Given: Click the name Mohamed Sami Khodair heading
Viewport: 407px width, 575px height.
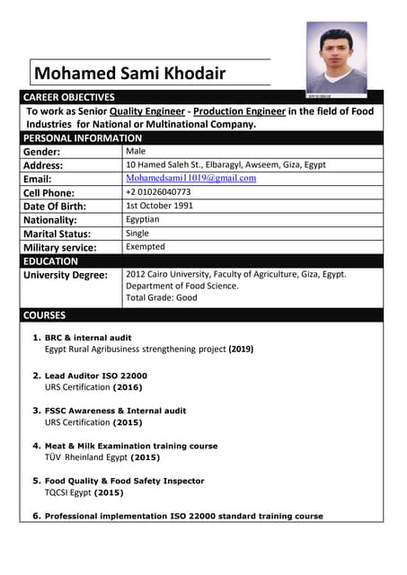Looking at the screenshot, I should pyautogui.click(x=129, y=74).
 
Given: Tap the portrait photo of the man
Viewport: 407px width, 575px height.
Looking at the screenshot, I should pyautogui.click(x=336, y=58).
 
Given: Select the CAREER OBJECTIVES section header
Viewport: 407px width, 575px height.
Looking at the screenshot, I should pyautogui.click(x=69, y=97).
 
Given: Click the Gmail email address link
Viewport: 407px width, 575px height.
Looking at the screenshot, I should pyautogui.click(x=190, y=178).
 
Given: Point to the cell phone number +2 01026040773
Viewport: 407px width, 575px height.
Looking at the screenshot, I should pyautogui.click(x=158, y=192).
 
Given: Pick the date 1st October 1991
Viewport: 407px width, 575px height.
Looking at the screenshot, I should pyautogui.click(x=159, y=206).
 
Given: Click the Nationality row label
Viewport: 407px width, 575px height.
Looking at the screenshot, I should pyautogui.click(x=50, y=219).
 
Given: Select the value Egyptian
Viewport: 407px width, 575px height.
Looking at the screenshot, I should pyautogui.click(x=143, y=219).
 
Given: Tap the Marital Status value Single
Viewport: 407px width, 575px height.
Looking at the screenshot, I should pyautogui.click(x=137, y=233).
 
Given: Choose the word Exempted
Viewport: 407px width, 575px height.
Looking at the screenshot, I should pyautogui.click(x=146, y=246).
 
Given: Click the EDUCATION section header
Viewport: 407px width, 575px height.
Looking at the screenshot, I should pyautogui.click(x=51, y=261).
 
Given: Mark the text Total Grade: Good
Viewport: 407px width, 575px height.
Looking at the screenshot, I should pyautogui.click(x=162, y=297).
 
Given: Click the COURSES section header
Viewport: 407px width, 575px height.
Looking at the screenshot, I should pyautogui.click(x=45, y=315).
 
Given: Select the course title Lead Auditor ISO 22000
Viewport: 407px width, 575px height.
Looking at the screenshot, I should pyautogui.click(x=96, y=376).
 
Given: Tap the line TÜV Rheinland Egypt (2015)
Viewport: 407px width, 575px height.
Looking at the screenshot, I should pyautogui.click(x=102, y=456).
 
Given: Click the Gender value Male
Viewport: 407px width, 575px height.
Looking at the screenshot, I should pyautogui.click(x=137, y=151).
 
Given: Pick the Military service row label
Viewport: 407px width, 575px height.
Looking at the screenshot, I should pyautogui.click(x=60, y=247).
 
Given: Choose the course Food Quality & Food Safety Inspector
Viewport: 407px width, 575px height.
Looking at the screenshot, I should pyautogui.click(x=124, y=481).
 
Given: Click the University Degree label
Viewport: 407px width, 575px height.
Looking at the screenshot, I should pyautogui.click(x=66, y=275).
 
